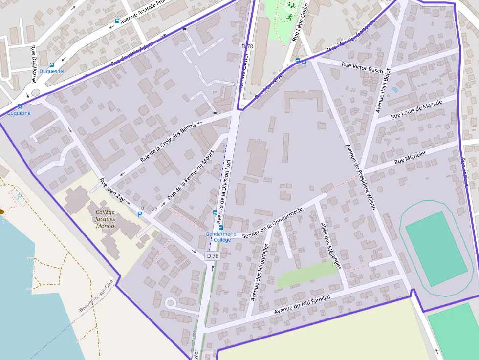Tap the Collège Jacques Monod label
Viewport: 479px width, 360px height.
tap(106, 219)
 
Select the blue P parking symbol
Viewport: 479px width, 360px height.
tap(140, 214)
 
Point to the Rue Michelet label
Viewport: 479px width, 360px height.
tap(410, 157)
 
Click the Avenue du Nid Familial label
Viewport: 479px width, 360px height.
tap(302, 305)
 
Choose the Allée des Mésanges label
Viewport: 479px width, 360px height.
tap(330, 246)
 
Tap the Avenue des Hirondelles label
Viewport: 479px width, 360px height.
tap(260, 272)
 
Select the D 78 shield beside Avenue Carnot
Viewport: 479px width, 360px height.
tap(248, 46)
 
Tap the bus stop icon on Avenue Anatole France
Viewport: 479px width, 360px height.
tap(117, 21)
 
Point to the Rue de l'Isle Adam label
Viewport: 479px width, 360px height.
tap(131, 54)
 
